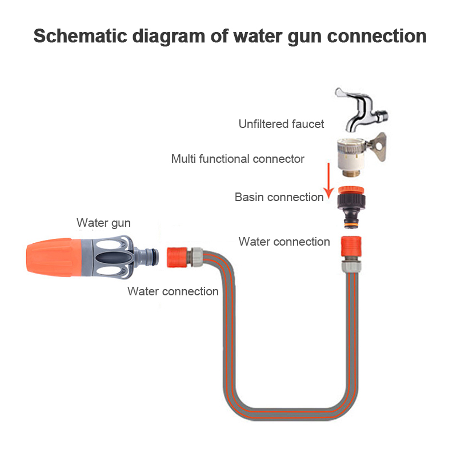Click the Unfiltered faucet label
tap(281, 124)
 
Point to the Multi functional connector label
tap(238, 159)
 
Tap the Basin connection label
tap(279, 197)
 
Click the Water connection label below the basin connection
tap(284, 242)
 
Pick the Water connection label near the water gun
tap(173, 291)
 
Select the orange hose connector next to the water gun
tap(177, 256)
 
